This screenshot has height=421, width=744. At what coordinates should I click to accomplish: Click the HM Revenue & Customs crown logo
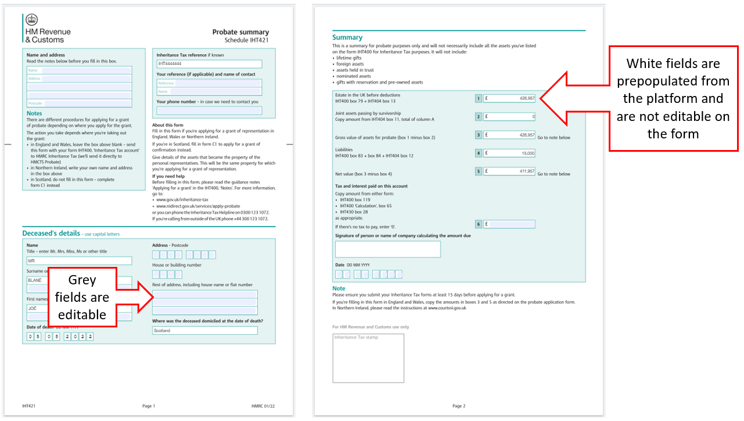tap(31, 20)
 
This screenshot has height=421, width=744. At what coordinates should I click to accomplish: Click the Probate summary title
tap(240, 32)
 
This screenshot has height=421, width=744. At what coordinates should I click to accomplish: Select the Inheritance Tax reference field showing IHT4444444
tap(209, 64)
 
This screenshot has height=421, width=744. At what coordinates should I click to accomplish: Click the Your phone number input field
tap(209, 110)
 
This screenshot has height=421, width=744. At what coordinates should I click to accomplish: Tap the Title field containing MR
tap(79, 261)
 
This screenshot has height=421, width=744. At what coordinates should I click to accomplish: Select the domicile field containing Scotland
tap(204, 330)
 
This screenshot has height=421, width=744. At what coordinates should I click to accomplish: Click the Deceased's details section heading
tap(51, 233)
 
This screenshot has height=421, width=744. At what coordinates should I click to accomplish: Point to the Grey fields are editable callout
tap(82, 297)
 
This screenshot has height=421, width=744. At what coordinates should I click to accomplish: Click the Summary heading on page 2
tap(347, 37)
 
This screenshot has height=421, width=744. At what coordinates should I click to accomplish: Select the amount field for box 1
tap(509, 98)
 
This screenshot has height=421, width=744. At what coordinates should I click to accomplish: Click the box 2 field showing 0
tap(509, 116)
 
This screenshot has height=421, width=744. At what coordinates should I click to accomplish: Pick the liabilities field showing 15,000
tap(509, 154)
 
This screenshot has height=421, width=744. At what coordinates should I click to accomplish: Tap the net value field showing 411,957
tap(509, 172)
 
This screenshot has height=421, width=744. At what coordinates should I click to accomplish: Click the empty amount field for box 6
tap(509, 224)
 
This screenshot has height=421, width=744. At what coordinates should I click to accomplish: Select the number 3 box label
tap(479, 135)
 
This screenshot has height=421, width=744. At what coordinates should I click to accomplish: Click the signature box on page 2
tap(387, 249)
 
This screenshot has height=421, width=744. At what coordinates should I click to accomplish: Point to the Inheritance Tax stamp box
tap(368, 358)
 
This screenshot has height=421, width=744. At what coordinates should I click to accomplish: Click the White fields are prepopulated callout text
tap(673, 98)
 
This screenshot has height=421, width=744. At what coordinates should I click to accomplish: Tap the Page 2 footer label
tap(459, 406)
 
